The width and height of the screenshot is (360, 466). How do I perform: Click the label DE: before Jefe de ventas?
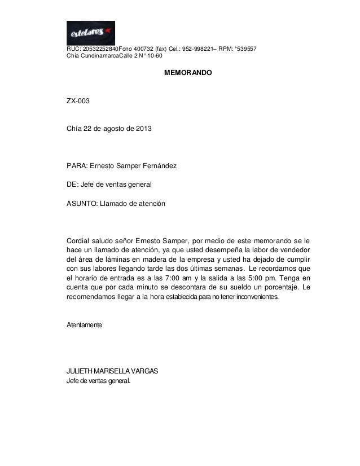pyautogui.click(x=73, y=184)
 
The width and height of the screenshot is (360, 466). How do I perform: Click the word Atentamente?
pyautogui.click(x=85, y=327)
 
